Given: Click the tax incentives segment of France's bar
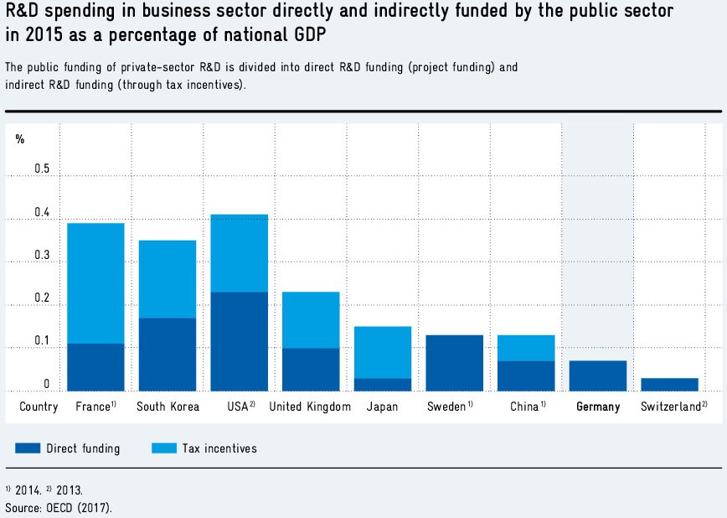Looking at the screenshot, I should tap(95, 283).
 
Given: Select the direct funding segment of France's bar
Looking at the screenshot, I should tap(95, 367).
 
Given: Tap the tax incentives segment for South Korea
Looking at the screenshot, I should tap(168, 279).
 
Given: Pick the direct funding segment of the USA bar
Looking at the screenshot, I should tap(240, 341).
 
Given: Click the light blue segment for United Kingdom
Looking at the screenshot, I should tap(311, 320).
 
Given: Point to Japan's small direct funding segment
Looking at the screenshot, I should tap(383, 385).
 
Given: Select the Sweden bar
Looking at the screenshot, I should tap(455, 363).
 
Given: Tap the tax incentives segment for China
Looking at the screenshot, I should tap(526, 348).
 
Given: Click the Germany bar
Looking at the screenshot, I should tap(598, 376).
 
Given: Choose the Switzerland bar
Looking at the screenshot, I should tap(670, 384).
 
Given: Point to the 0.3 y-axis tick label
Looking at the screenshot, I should tap(42, 256).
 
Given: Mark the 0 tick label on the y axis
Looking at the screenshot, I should tap(47, 385).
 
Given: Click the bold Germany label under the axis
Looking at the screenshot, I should tap(598, 407).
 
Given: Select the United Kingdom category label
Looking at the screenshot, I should tap(310, 407).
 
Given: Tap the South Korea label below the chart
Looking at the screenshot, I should tap(168, 407).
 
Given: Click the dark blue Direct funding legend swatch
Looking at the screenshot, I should tap(28, 448).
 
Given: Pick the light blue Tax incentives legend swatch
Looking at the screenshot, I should tap(163, 448).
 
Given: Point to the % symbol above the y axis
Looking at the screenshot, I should tap(20, 139).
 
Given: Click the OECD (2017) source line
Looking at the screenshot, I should tap(58, 507).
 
